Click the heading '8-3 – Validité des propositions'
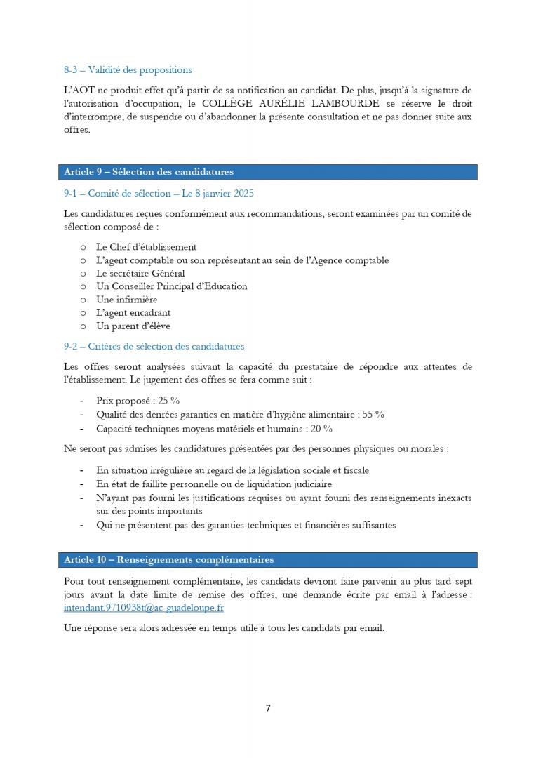click(x=128, y=70)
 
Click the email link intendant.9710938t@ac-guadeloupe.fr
click(x=143, y=609)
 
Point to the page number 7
click(x=268, y=708)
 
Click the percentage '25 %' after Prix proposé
click(x=168, y=401)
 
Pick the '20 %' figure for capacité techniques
click(x=321, y=428)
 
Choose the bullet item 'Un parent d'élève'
click(x=133, y=326)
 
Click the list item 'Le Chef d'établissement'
click(x=146, y=247)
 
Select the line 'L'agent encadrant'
click(x=133, y=313)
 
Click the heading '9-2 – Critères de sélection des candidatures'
click(x=154, y=347)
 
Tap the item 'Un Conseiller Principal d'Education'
click(x=171, y=286)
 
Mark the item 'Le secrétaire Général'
click(x=140, y=273)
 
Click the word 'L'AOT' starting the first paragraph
click(x=76, y=91)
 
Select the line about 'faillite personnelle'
click(x=214, y=484)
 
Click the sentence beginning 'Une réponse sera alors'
click(x=224, y=628)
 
